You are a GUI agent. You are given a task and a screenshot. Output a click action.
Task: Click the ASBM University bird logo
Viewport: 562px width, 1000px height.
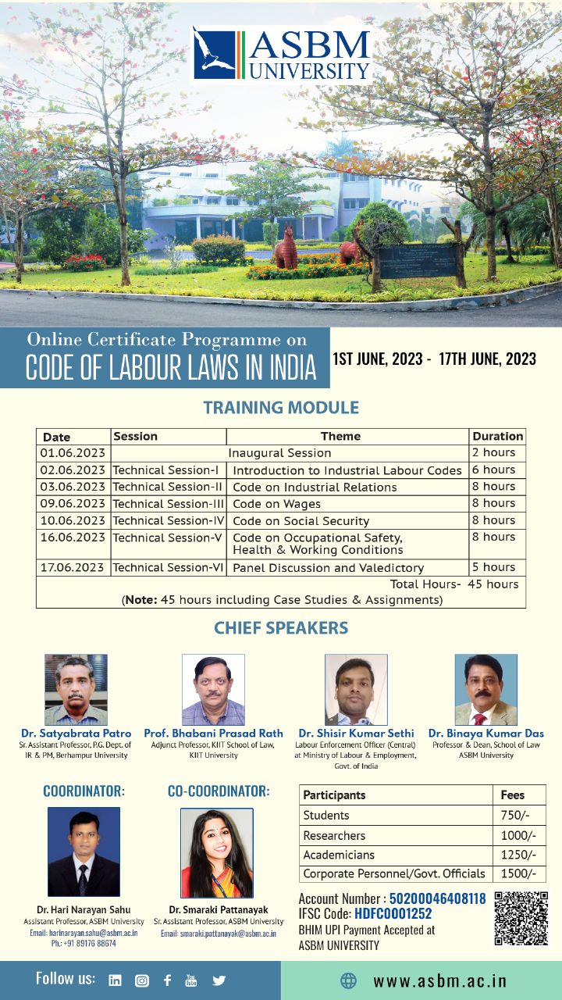(215, 53)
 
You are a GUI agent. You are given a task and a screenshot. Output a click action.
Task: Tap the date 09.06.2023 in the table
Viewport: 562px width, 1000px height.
(73, 504)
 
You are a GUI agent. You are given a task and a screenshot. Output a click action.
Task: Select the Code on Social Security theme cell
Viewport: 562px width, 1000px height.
(301, 521)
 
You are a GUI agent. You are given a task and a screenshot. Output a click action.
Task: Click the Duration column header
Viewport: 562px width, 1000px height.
(497, 436)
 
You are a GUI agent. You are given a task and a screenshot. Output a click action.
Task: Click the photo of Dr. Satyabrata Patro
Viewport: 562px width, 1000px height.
(76, 690)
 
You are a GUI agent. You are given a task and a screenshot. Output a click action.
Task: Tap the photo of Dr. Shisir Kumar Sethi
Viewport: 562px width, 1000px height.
(356, 690)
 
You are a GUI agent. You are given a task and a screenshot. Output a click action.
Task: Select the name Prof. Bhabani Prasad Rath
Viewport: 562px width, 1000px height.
(212, 734)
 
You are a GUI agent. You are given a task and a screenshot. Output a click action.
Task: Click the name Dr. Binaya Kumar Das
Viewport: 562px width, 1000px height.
(486, 734)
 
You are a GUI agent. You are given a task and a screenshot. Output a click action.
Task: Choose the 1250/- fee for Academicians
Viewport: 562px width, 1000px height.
(518, 855)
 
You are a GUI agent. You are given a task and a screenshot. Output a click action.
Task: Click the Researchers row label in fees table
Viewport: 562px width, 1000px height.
(334, 835)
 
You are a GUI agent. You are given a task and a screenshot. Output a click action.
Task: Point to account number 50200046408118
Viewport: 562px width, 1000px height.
(437, 899)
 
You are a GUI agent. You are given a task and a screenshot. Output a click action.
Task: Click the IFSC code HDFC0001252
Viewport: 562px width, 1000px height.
(393, 914)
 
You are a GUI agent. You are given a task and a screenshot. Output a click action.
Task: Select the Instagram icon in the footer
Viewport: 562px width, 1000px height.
(141, 980)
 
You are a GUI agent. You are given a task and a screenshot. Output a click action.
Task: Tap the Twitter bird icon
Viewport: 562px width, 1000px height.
(219, 980)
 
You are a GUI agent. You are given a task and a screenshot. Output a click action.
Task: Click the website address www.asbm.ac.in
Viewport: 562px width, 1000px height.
(439, 981)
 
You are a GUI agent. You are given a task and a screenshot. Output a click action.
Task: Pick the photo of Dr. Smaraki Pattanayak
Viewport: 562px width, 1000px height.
(216, 852)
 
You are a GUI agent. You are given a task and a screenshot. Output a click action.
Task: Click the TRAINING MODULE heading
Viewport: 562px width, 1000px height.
(281, 408)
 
